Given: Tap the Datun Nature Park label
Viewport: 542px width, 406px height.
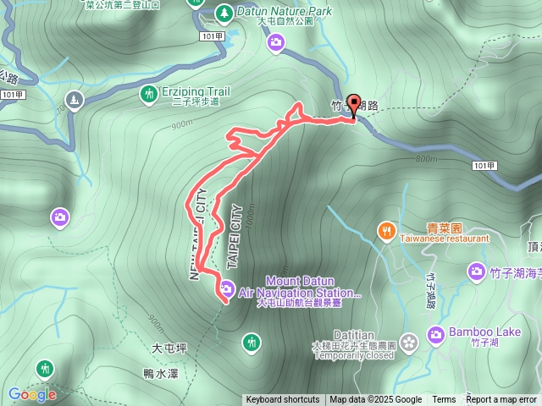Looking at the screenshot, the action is pos(285,12).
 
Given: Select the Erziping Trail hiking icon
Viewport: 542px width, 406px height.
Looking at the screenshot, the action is pos(149,93).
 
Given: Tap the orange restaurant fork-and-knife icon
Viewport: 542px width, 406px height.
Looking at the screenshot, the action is pos(386,230).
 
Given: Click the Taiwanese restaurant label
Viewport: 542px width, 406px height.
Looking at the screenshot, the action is pos(445,239).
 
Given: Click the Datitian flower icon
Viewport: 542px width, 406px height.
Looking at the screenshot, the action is pos(411,342).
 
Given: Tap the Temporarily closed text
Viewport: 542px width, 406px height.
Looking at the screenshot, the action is pos(352,356).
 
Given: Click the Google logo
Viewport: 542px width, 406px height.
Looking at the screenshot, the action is pos(32,394).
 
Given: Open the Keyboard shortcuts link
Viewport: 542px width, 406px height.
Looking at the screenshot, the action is pos(283,400).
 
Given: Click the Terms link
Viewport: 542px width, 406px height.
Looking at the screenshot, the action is pos(444,400).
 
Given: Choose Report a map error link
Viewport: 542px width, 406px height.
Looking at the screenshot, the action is pos(501,400).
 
